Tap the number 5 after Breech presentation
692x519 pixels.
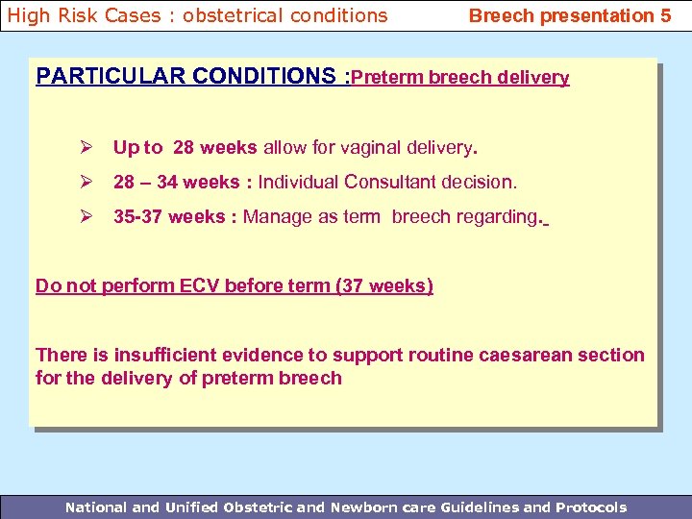pyautogui.click(x=665, y=15)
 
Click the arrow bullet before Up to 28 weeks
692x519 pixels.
pyautogui.click(x=85, y=148)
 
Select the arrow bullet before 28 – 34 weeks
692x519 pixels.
pyautogui.click(x=85, y=182)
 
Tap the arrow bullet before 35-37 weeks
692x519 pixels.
pyautogui.click(x=85, y=216)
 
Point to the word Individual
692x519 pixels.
pyautogui.click(x=299, y=182)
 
